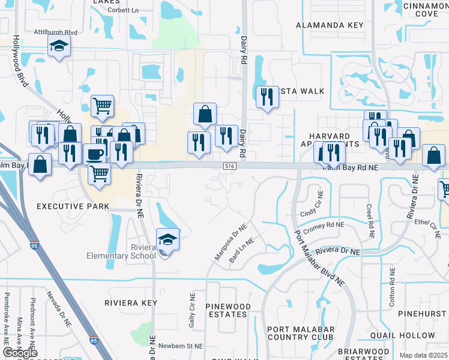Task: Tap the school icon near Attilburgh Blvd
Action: [59, 46]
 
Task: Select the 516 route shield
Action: [229, 166]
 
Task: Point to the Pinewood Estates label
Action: [228, 310]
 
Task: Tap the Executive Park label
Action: [73, 206]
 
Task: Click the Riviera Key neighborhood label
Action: [130, 303]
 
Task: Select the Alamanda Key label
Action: [330, 25]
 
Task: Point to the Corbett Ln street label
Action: [124, 11]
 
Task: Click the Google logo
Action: [20, 353]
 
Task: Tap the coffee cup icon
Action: [94, 154]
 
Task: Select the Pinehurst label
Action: [424, 313]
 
